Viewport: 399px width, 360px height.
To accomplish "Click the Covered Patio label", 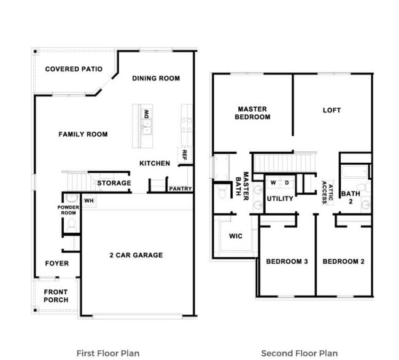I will pos(74,69).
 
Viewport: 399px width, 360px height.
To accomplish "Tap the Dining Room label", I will pos(156,78).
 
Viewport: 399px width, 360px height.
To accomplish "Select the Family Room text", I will pos(83,134).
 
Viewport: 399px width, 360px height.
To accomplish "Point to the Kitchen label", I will pos(155,163).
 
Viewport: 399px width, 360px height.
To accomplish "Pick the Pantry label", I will pos(180,189).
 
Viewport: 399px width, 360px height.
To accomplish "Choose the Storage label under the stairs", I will pos(114,183).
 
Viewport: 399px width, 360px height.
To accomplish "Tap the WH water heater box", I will pos(88,200).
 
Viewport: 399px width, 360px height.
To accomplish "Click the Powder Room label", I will pos(68,210).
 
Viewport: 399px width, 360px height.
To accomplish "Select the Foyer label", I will pos(57,264).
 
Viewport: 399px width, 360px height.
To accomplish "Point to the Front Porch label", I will pos(56,295).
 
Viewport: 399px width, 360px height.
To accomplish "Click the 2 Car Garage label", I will pos(136,255).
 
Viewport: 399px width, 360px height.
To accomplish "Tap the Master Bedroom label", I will pos(252,113).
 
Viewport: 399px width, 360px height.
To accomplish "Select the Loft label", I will pos(331,111).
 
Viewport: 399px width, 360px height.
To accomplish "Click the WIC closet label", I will pos(236,236).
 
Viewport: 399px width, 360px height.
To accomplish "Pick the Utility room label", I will pos(280,198).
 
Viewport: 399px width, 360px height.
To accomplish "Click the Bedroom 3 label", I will pos(287,262).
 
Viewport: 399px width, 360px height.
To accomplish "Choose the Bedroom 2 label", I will pos(344,262).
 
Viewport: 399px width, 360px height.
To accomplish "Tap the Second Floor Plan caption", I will pos(299,353).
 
